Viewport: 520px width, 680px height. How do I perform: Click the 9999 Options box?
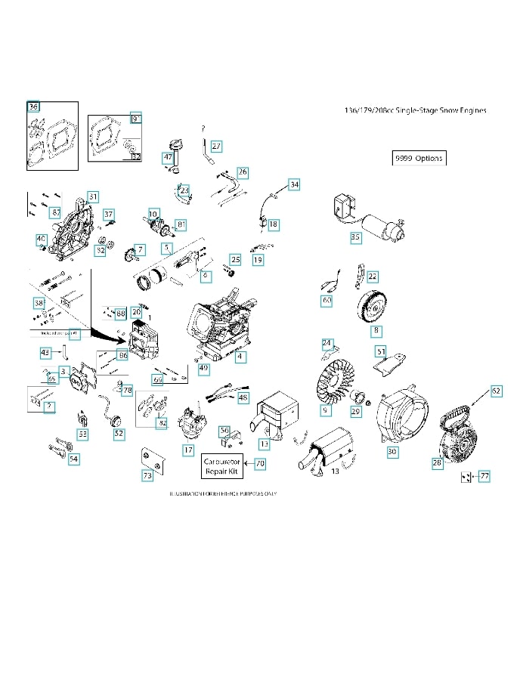coord(419,159)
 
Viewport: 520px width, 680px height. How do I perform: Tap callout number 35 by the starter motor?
coord(355,237)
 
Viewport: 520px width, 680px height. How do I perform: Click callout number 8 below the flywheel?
coord(376,331)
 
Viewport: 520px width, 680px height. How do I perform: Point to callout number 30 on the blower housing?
coord(392,451)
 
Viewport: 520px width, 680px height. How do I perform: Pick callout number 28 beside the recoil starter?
coord(437,463)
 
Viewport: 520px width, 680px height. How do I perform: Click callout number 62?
coord(496,391)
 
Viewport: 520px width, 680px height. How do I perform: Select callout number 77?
coord(484,476)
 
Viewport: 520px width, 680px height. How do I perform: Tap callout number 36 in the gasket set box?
coord(33,107)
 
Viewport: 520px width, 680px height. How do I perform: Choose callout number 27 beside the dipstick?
coord(216,146)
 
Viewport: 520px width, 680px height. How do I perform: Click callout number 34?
coord(294,184)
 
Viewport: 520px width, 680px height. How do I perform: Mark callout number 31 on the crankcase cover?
coord(92,196)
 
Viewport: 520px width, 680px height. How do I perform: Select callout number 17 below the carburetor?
coord(188,450)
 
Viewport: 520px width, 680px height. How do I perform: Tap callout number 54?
coord(73,459)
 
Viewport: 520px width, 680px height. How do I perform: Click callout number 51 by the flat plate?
coord(381,351)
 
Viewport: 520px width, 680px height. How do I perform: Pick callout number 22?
coord(373,277)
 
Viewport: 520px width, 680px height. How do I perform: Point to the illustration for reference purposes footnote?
coord(224,493)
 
